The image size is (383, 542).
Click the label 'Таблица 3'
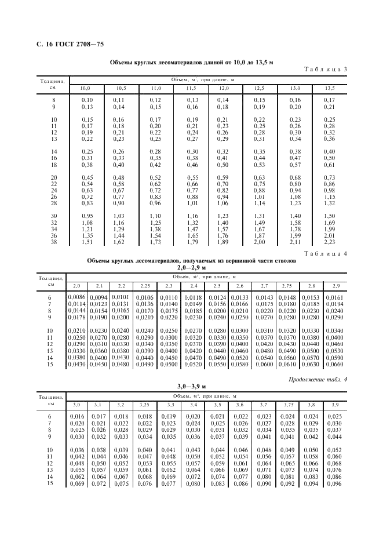tap(325, 70)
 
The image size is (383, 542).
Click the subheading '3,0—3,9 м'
tap(191, 385)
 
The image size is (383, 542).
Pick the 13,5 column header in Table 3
tap(330, 88)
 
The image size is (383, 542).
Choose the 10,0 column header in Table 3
tap(85, 88)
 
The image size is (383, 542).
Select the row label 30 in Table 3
tap(54, 216)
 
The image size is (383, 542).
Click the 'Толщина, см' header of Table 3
tap(52, 84)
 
